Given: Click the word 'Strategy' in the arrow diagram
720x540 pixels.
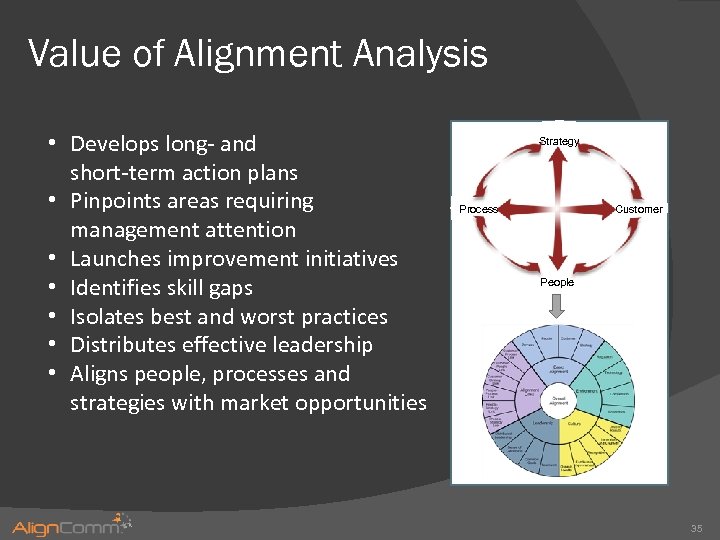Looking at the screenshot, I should click(558, 141).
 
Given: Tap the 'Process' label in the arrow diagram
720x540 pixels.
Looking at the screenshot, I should click(478, 209).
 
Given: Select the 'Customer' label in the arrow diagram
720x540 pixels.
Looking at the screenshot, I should click(638, 209).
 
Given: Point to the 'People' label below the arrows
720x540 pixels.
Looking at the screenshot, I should click(557, 282).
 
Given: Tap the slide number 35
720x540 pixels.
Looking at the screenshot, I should click(696, 527).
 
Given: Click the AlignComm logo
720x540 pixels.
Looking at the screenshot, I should click(70, 526).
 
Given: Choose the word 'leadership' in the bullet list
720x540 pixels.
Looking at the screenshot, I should click(319, 345).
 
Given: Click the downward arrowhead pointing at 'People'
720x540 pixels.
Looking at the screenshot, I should click(558, 262).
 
